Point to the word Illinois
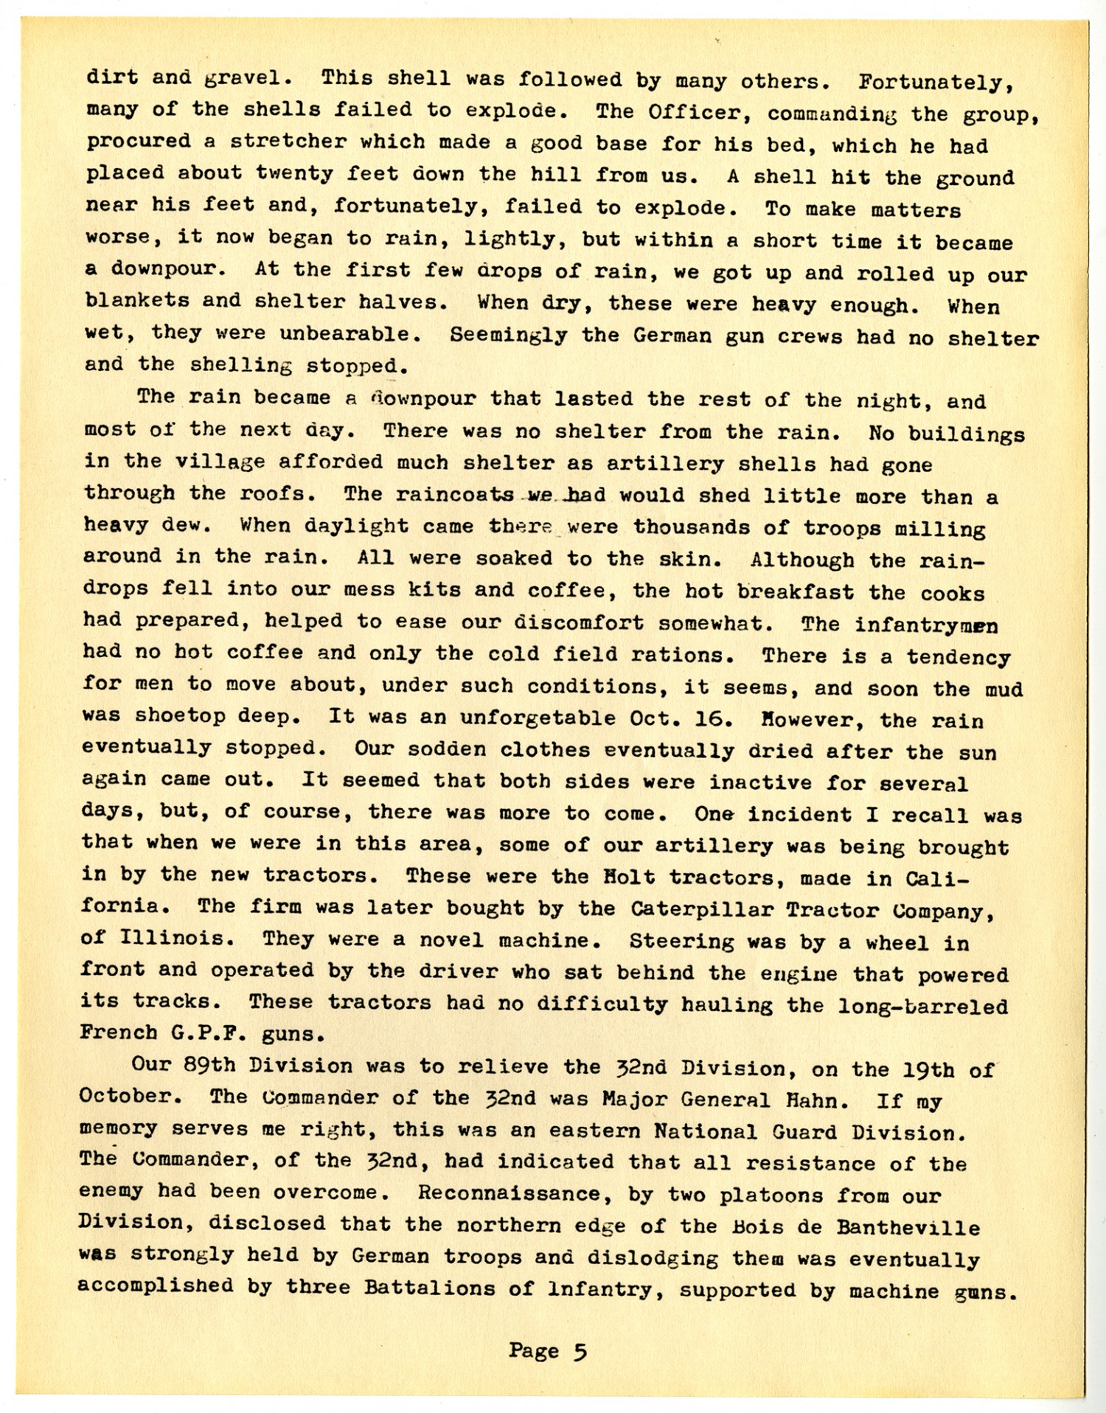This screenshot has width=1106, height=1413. click(172, 939)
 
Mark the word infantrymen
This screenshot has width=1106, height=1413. click(926, 625)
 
